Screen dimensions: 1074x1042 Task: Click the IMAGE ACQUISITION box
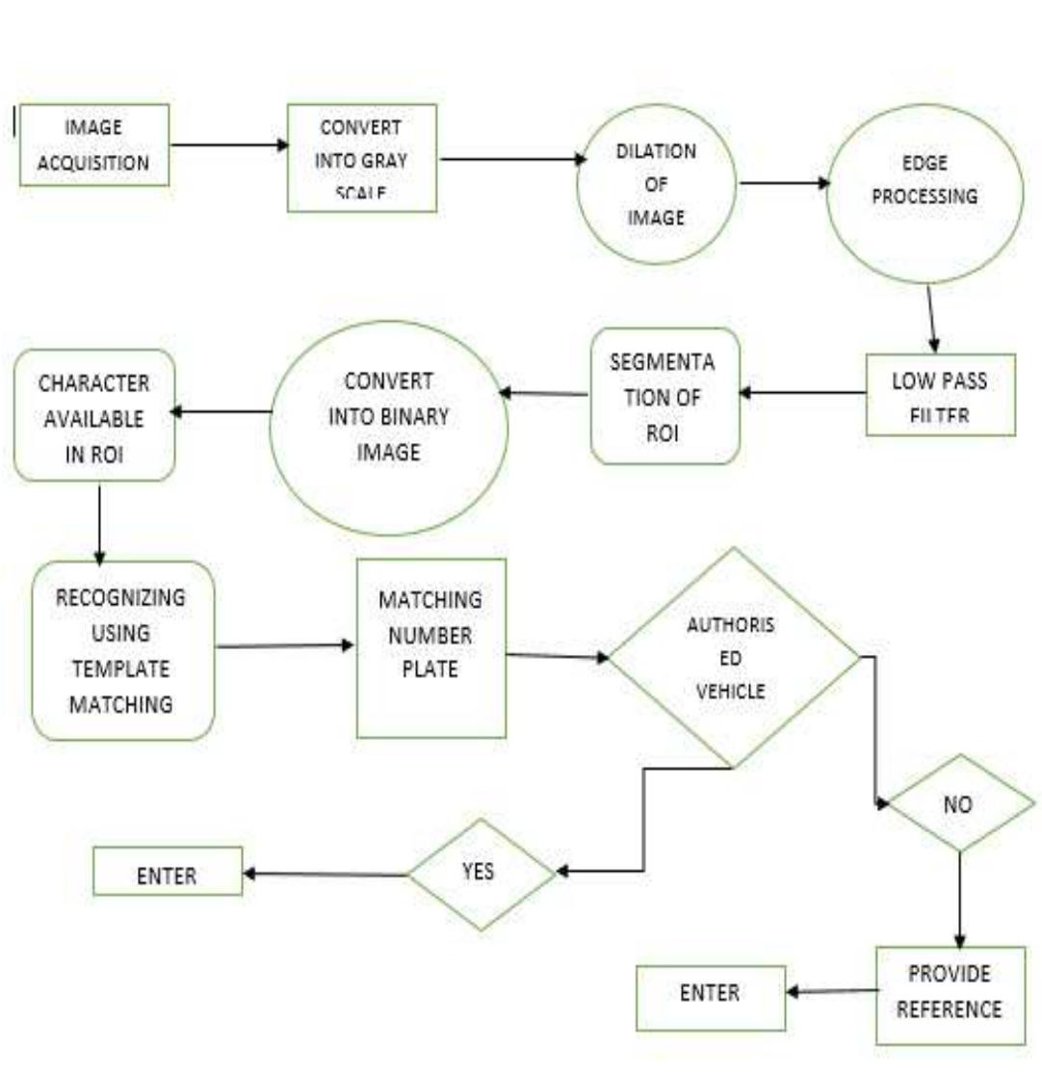click(x=94, y=144)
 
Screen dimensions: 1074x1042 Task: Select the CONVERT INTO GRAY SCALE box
click(x=362, y=158)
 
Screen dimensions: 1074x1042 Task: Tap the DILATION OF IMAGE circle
click(x=656, y=185)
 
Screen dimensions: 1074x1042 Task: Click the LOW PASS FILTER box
click(x=940, y=395)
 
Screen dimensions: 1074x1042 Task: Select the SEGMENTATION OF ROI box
click(x=664, y=396)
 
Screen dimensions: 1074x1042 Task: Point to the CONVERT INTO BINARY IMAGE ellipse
click(x=388, y=428)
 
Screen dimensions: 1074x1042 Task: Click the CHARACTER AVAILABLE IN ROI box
click(x=93, y=415)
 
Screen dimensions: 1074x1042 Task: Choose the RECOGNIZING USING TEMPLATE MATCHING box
click(x=121, y=650)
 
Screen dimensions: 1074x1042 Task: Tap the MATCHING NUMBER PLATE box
click(x=430, y=648)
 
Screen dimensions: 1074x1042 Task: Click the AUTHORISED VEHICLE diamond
click(x=734, y=657)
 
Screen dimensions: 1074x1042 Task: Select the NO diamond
click(x=958, y=803)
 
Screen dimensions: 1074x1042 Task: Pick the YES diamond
click(x=482, y=874)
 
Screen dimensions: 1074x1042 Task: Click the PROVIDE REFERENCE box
click(x=950, y=994)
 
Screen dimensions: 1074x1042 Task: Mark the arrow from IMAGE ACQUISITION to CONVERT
click(x=228, y=145)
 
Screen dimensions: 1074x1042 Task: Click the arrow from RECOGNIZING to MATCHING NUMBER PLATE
click(x=285, y=645)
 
